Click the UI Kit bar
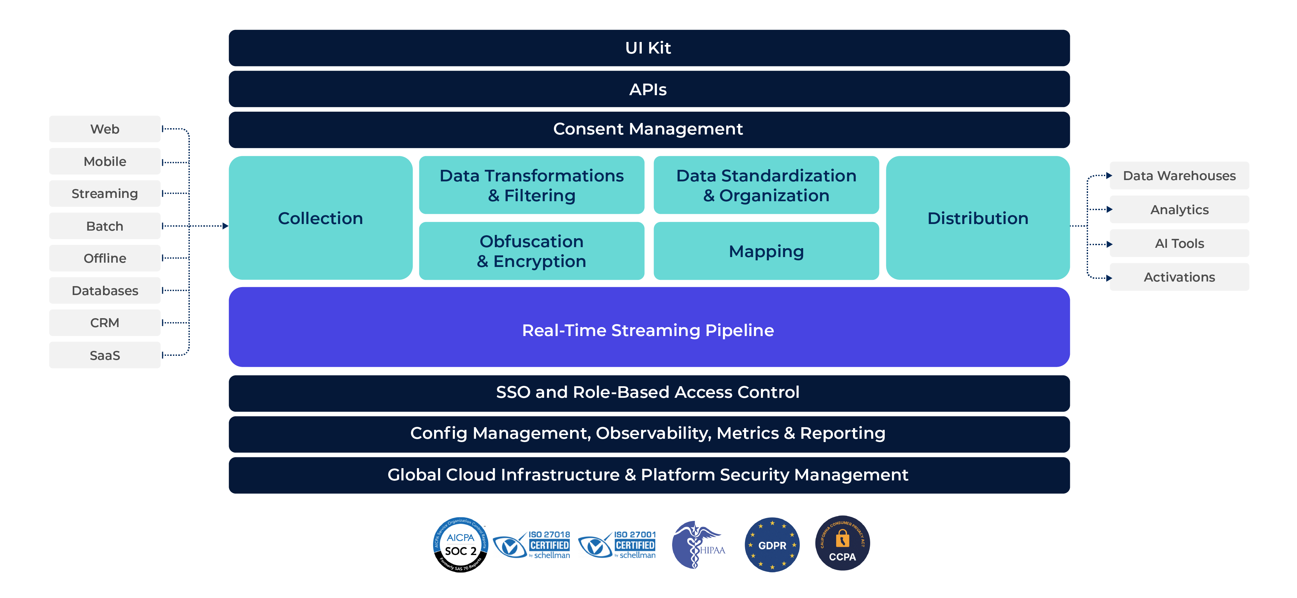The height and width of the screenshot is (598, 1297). [x=648, y=48]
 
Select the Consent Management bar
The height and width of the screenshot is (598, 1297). [x=648, y=130]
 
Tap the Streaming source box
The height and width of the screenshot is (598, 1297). [x=105, y=194]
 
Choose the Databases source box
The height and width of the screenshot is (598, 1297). [x=105, y=291]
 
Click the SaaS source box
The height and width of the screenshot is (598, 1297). [x=105, y=355]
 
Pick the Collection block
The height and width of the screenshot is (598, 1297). [x=320, y=218]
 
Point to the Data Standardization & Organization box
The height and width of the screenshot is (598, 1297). [x=766, y=185]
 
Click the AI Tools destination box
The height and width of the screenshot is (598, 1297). [x=1179, y=243]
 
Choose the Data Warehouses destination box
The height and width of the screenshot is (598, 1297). [x=1179, y=176]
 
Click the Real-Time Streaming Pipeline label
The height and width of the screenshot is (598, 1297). [x=648, y=330]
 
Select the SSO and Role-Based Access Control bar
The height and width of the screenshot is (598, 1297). [x=648, y=392]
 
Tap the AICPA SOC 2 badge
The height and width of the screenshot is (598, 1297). [x=460, y=544]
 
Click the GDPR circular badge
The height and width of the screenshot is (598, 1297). [x=772, y=544]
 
